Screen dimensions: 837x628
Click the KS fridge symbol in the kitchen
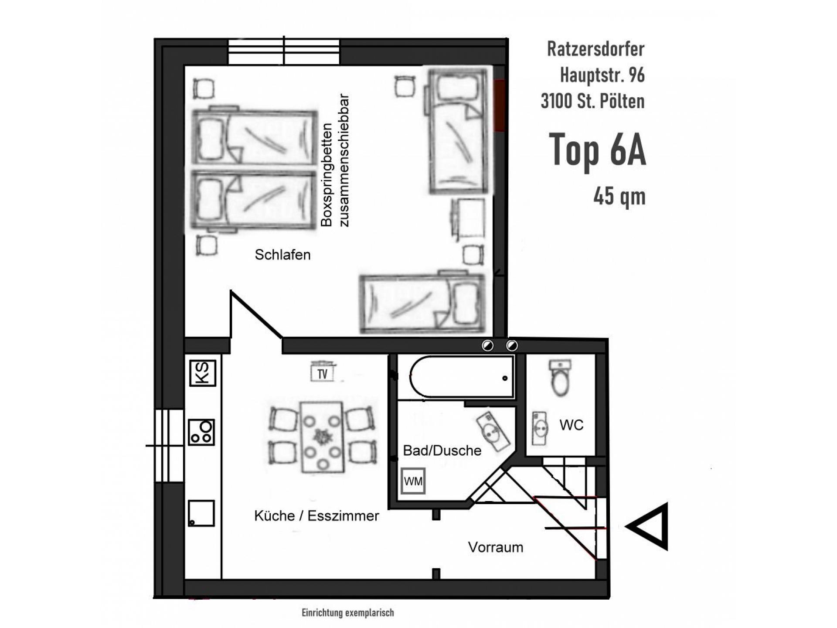[203, 373]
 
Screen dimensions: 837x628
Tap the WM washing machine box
[413, 481]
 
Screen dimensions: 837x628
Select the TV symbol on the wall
[323, 372]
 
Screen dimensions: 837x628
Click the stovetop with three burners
[201, 432]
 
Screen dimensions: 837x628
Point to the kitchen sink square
[201, 513]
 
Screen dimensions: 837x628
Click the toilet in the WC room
[560, 378]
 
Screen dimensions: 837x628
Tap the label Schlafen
[282, 255]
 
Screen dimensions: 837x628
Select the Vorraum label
[496, 547]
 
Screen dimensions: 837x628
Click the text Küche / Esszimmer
[316, 516]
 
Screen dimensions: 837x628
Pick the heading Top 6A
[597, 150]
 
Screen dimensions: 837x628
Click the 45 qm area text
[619, 197]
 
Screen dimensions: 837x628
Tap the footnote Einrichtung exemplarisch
[348, 613]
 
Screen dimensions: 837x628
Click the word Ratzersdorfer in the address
[596, 49]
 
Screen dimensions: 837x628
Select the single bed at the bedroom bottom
[422, 304]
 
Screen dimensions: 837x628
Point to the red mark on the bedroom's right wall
[500, 106]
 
